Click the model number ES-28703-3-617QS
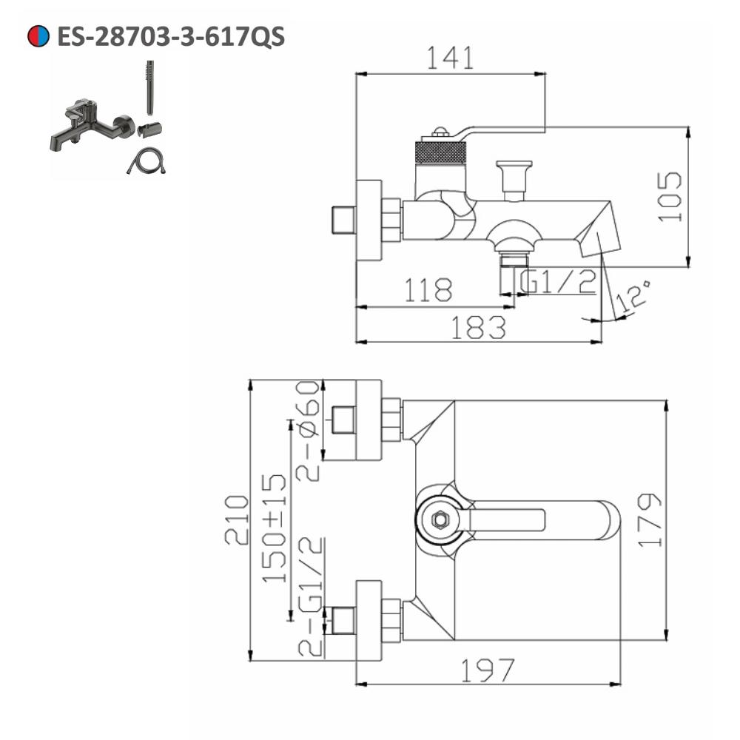(171, 36)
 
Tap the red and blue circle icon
(38, 36)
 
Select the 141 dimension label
(450, 58)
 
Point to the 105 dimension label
(670, 196)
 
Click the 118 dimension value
(428, 290)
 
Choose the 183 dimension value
(479, 327)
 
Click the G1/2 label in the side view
(558, 281)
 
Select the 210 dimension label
(237, 519)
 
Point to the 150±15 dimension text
(275, 528)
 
